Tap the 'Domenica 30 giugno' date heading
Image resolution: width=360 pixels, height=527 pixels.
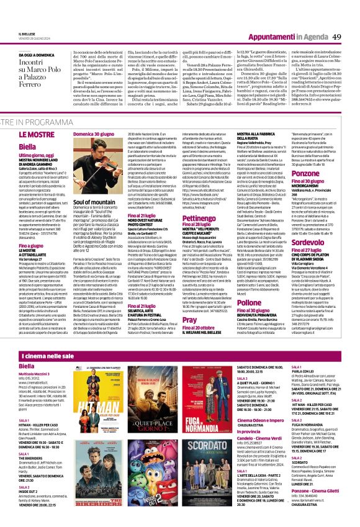[92, 133]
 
